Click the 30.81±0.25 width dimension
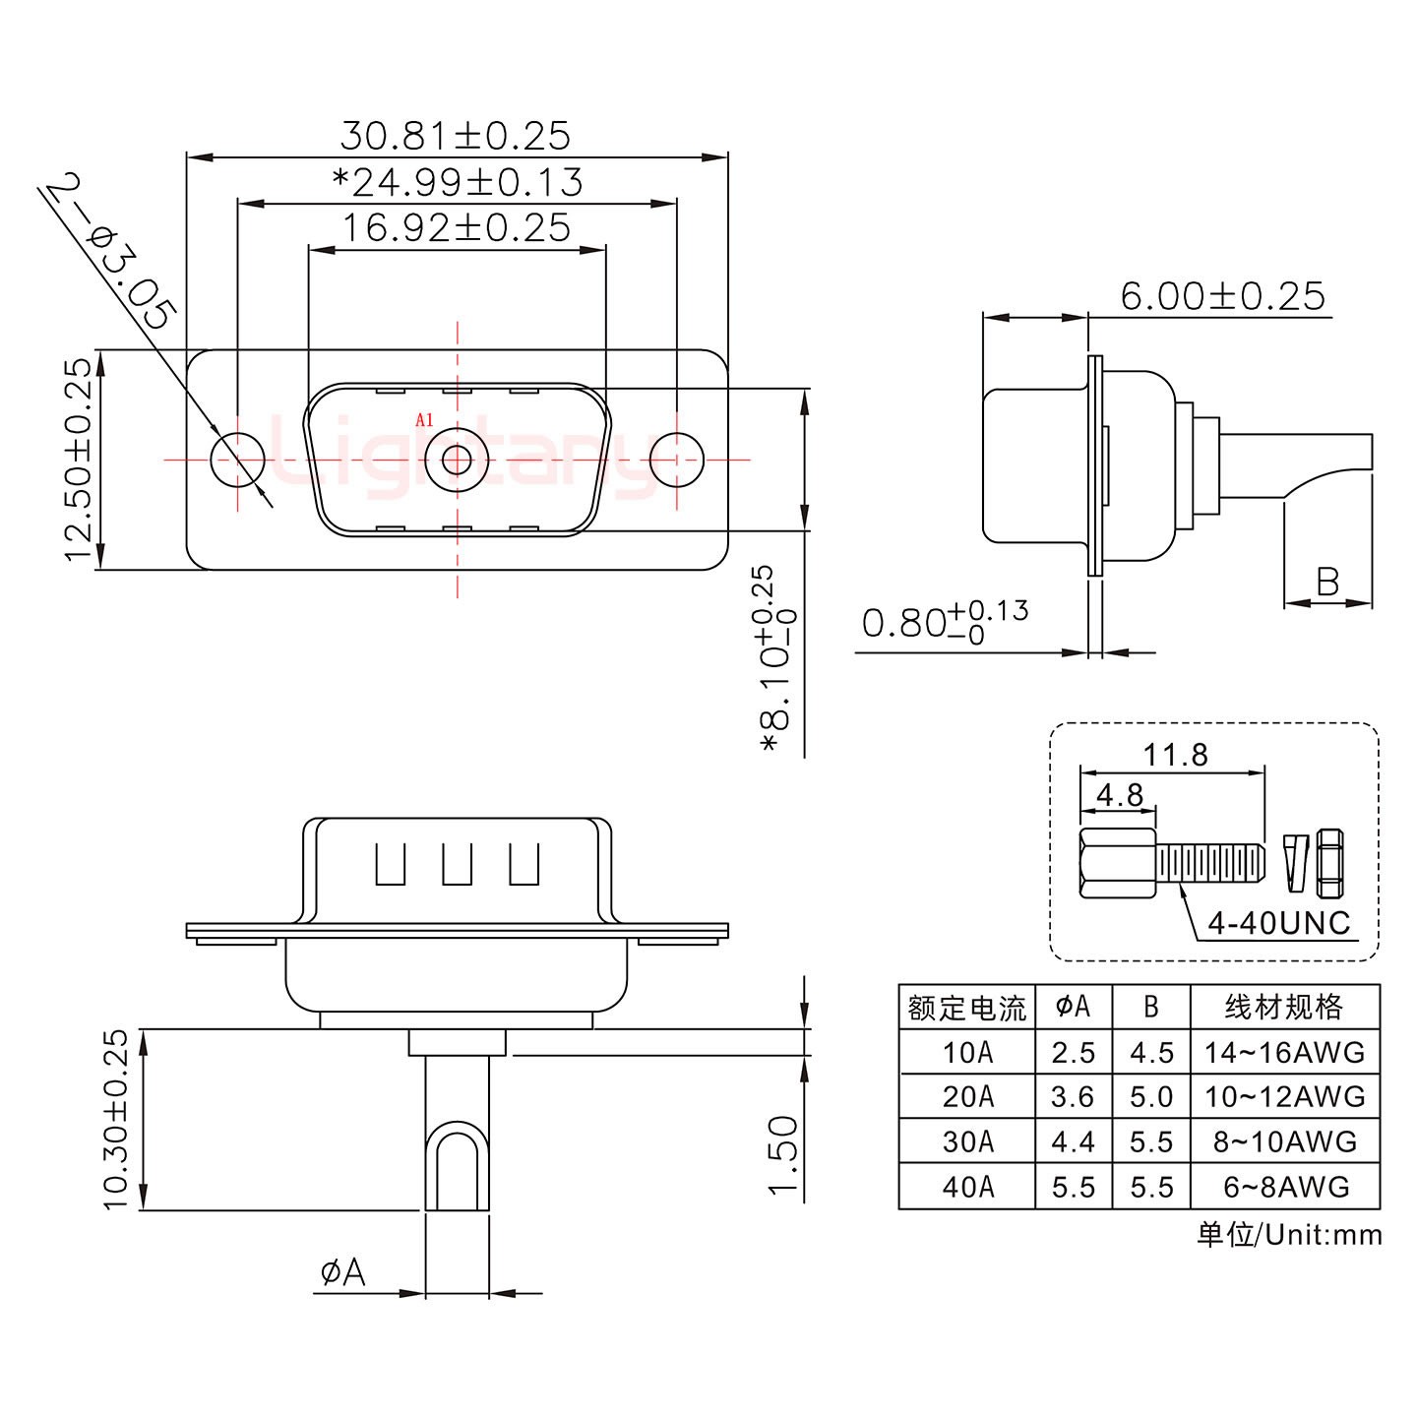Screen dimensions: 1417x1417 pyautogui.click(x=455, y=136)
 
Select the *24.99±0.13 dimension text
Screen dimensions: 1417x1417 pyautogui.click(x=458, y=182)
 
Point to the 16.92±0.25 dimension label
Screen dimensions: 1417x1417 pyautogui.click(x=456, y=228)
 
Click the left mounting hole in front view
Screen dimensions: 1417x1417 pyautogui.click(x=238, y=460)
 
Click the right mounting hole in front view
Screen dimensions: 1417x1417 pyautogui.click(x=678, y=460)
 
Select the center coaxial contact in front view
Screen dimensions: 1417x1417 pyautogui.click(x=457, y=460)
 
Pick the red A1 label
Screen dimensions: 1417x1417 pyautogui.click(x=424, y=420)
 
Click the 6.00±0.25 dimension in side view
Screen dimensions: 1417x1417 pyautogui.click(x=1222, y=295)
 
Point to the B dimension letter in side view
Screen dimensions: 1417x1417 pyautogui.click(x=1327, y=582)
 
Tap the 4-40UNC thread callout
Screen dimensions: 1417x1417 pyautogui.click(x=1278, y=922)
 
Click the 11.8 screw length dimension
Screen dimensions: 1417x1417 pyautogui.click(x=1175, y=755)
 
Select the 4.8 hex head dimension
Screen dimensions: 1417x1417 pyautogui.click(x=1119, y=794)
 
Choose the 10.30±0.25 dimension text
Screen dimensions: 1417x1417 pyautogui.click(x=116, y=1119)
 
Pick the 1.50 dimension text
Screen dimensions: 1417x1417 pyautogui.click(x=783, y=1154)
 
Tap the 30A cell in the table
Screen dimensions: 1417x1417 pyautogui.click(x=967, y=1141)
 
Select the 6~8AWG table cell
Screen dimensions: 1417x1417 pyautogui.click(x=1285, y=1187)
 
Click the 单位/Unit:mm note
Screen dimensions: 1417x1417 pyautogui.click(x=1289, y=1235)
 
